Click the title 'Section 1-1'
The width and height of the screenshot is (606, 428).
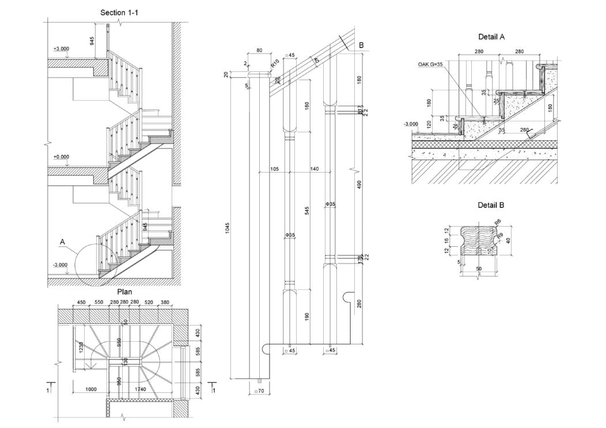point(119,12)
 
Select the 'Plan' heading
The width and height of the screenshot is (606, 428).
point(125,292)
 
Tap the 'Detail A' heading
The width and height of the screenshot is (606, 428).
point(491,36)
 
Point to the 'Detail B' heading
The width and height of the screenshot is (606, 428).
point(491,205)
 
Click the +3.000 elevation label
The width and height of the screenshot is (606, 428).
point(61,49)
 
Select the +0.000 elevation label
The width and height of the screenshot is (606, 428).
point(61,156)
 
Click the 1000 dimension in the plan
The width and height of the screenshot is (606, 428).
point(90,389)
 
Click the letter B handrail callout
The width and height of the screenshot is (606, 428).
point(361,45)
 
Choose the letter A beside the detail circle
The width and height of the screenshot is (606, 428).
point(62,242)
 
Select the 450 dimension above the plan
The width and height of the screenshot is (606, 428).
point(81,302)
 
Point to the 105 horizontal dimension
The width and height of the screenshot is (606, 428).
point(274,169)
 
